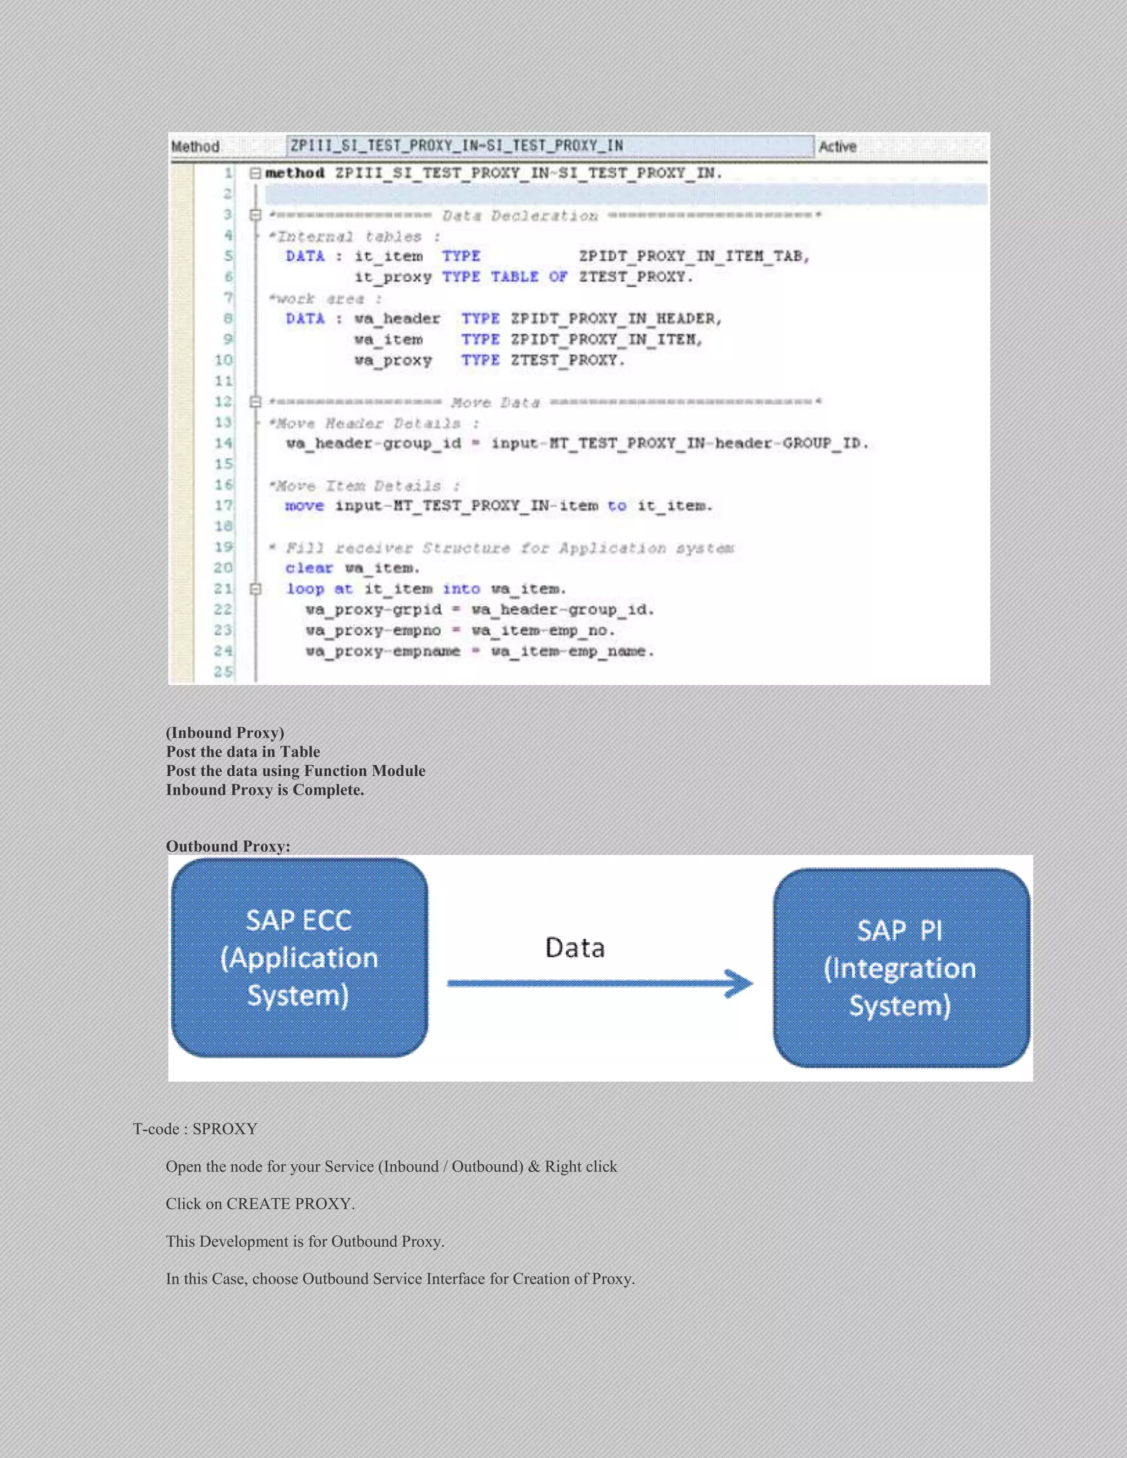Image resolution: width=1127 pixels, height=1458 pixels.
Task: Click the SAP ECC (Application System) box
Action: (x=299, y=957)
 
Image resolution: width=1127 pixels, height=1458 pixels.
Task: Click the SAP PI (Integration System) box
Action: (x=901, y=968)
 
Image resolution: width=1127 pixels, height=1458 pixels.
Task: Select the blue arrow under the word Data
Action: (x=600, y=983)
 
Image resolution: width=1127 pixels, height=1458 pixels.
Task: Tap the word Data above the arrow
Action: (x=575, y=948)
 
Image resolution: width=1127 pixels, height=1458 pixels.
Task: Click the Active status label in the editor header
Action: (x=837, y=147)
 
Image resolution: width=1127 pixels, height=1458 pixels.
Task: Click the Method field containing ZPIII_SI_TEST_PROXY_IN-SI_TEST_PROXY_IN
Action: (x=550, y=146)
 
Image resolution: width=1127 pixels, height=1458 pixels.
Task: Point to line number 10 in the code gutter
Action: (x=223, y=360)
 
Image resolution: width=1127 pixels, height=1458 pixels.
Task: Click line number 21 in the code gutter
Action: (x=223, y=589)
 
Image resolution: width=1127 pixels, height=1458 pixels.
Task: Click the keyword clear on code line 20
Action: (x=309, y=568)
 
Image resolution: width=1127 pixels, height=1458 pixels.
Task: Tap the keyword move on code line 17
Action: (x=304, y=506)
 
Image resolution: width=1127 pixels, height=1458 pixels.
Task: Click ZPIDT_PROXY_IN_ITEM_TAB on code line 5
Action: (x=693, y=256)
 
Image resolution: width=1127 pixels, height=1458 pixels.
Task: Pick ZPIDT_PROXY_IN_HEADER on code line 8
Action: (x=616, y=319)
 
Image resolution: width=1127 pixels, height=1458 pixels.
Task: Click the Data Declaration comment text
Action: (x=519, y=216)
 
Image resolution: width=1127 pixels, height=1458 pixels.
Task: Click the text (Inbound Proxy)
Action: (x=225, y=732)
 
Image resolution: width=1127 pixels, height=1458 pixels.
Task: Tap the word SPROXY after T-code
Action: (x=225, y=1129)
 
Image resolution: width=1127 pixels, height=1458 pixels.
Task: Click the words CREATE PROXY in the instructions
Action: (x=288, y=1204)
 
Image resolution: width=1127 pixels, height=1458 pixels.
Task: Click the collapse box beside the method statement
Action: (x=254, y=173)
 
